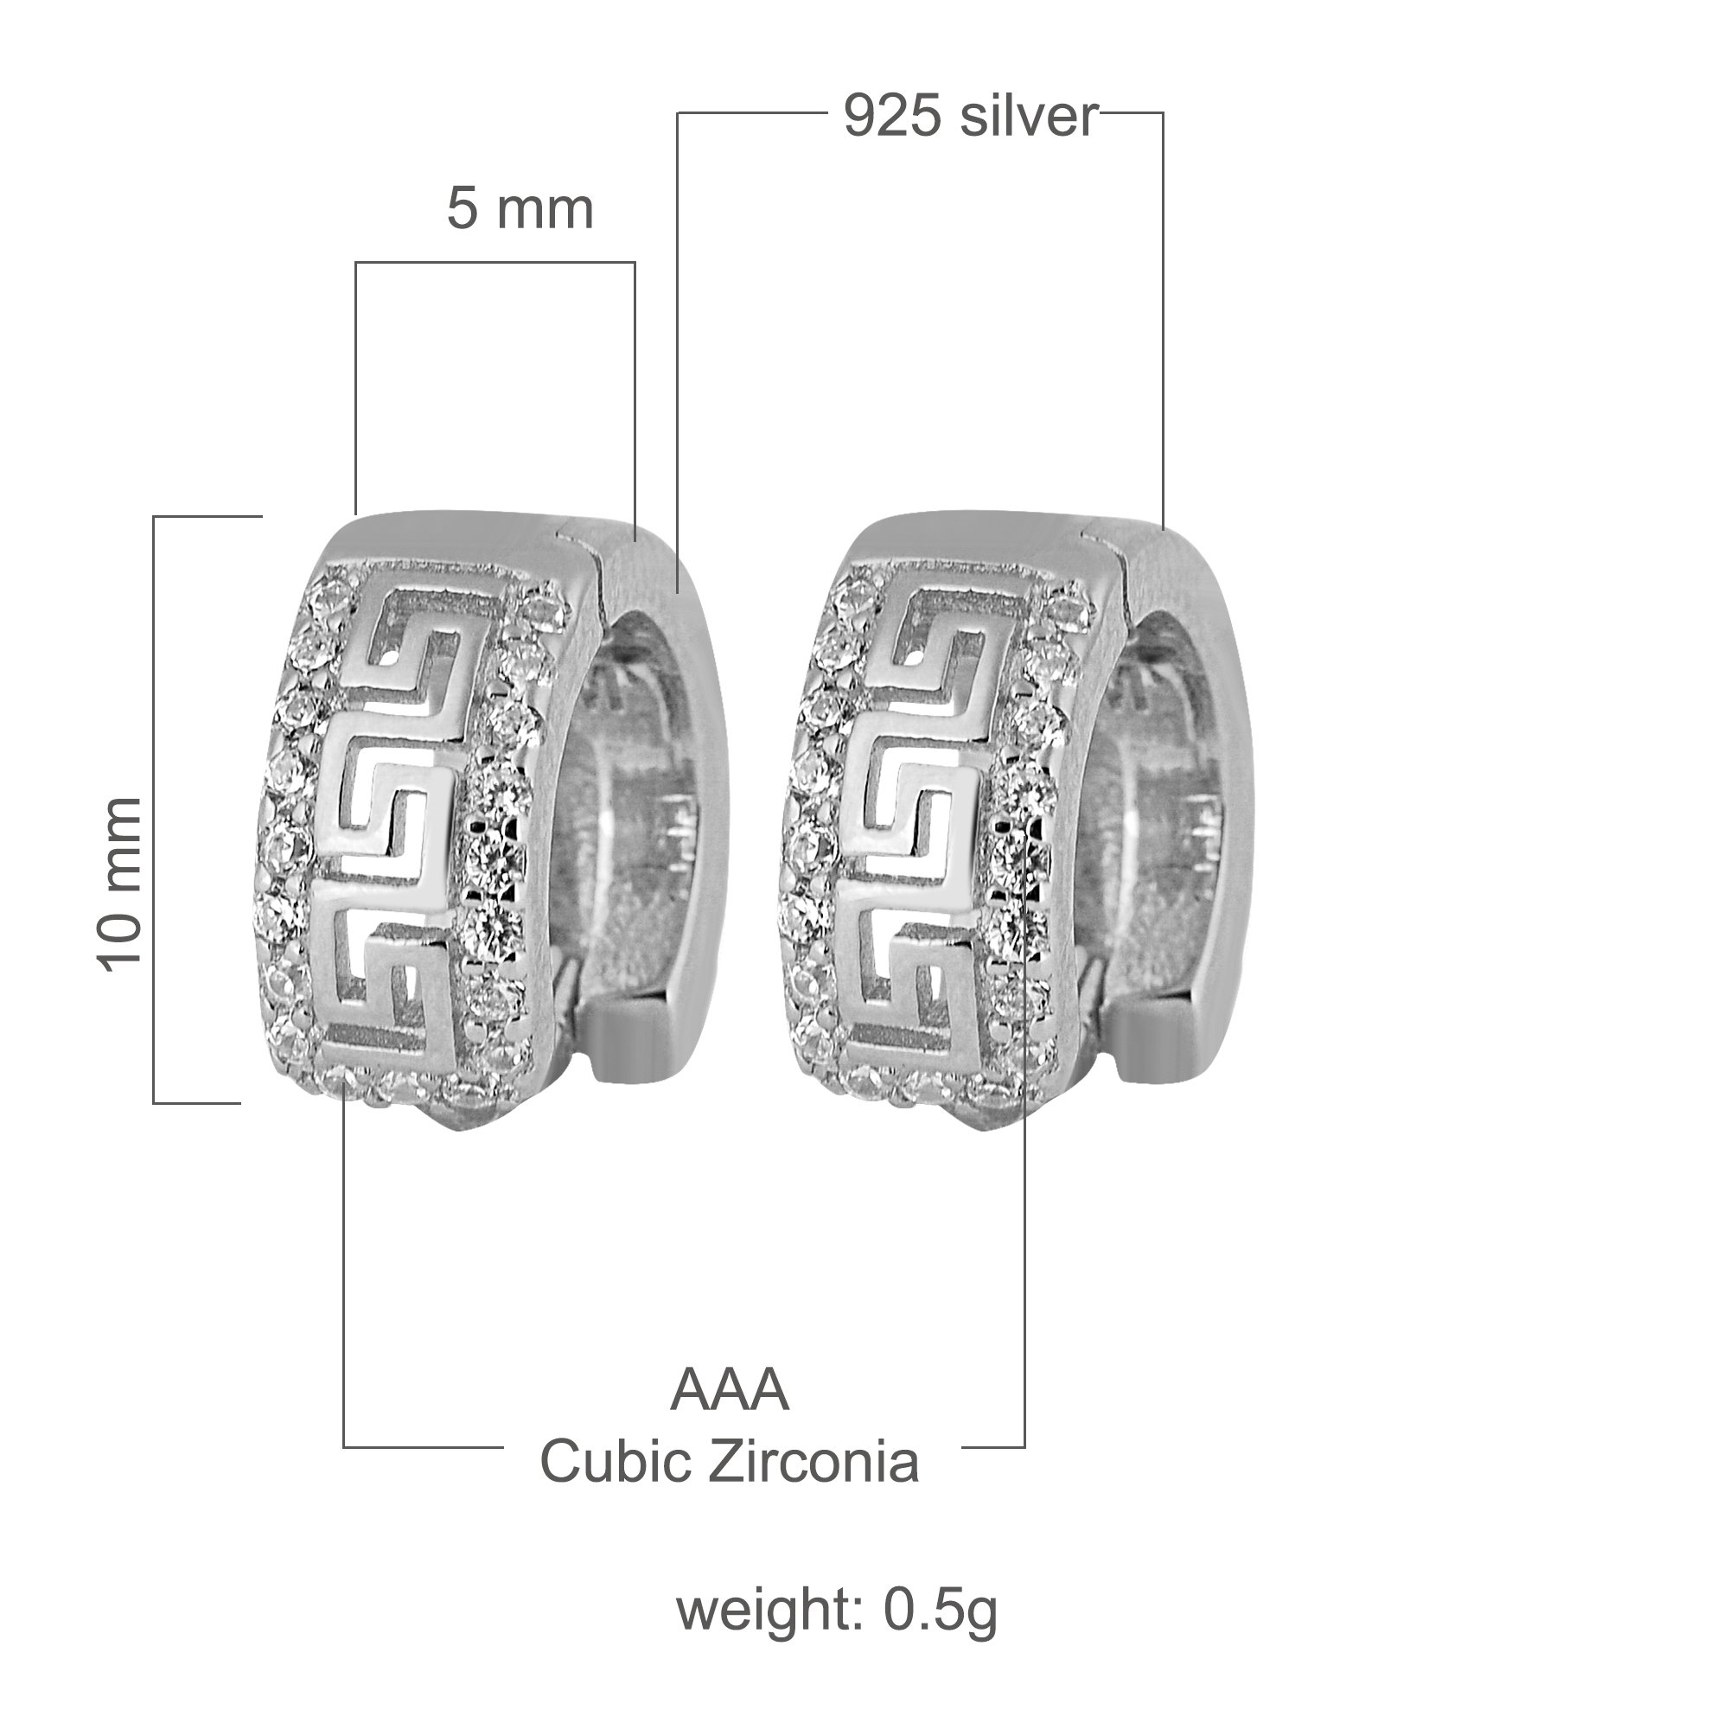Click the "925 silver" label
pyautogui.click(x=970, y=117)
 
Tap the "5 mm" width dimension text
pyautogui.click(x=520, y=209)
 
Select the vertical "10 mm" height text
pyautogui.click(x=120, y=884)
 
